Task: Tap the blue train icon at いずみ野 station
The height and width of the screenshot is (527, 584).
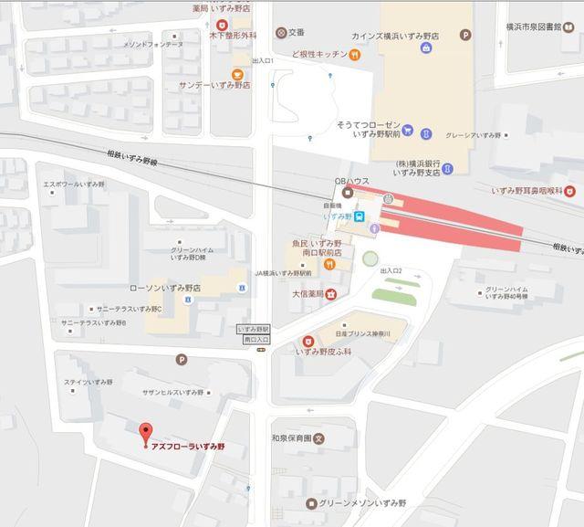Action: (362, 216)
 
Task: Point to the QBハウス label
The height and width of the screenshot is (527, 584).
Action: (352, 181)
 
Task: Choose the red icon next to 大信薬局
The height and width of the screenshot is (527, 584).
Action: (330, 294)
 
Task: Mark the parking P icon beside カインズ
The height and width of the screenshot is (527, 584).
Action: (466, 36)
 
